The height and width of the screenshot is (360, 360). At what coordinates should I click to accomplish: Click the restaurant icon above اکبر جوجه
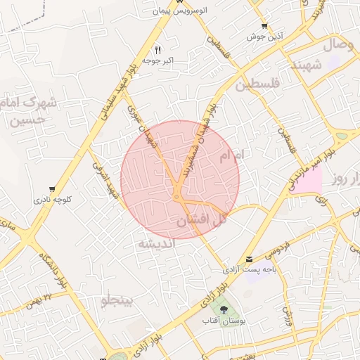pyautogui.click(x=157, y=50)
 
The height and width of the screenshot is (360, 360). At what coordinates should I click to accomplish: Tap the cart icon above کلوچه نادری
pyautogui.click(x=53, y=188)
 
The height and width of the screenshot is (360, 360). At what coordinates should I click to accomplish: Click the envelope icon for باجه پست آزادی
pyautogui.click(x=250, y=259)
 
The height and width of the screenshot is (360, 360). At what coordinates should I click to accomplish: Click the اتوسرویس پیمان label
pyautogui.click(x=186, y=12)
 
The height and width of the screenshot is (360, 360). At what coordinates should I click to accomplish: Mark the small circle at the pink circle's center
pyautogui.click(x=176, y=196)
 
